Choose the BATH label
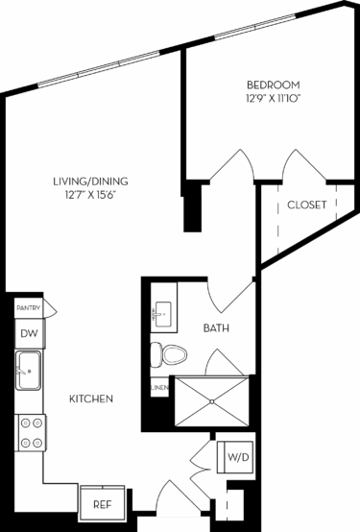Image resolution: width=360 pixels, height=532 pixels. (x=216, y=328)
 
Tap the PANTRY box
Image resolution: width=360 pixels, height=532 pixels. (x=27, y=307)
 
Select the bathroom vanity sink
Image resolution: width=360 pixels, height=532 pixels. (x=160, y=312)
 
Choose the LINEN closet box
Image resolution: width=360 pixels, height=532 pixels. (x=159, y=387)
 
